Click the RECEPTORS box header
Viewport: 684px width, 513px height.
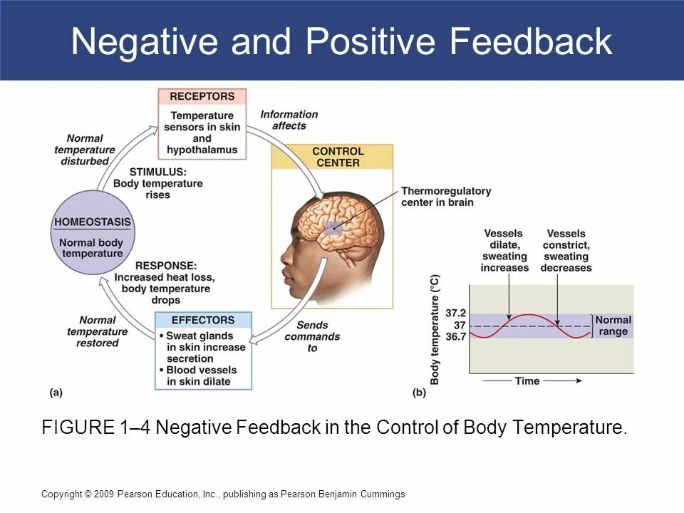coord(202,96)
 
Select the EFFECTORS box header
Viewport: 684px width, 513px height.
coord(202,320)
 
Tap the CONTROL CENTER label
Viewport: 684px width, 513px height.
coord(338,157)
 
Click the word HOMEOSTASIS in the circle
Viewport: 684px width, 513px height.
coord(93,222)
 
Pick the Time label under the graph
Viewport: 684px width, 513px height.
coord(527,381)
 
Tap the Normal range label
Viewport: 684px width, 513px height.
coord(613,326)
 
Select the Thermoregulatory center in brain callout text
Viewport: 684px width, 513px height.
coord(446,197)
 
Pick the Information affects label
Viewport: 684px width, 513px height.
coord(289,120)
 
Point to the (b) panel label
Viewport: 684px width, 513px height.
coord(419,392)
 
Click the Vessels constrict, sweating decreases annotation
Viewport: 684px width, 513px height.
coord(566,250)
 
